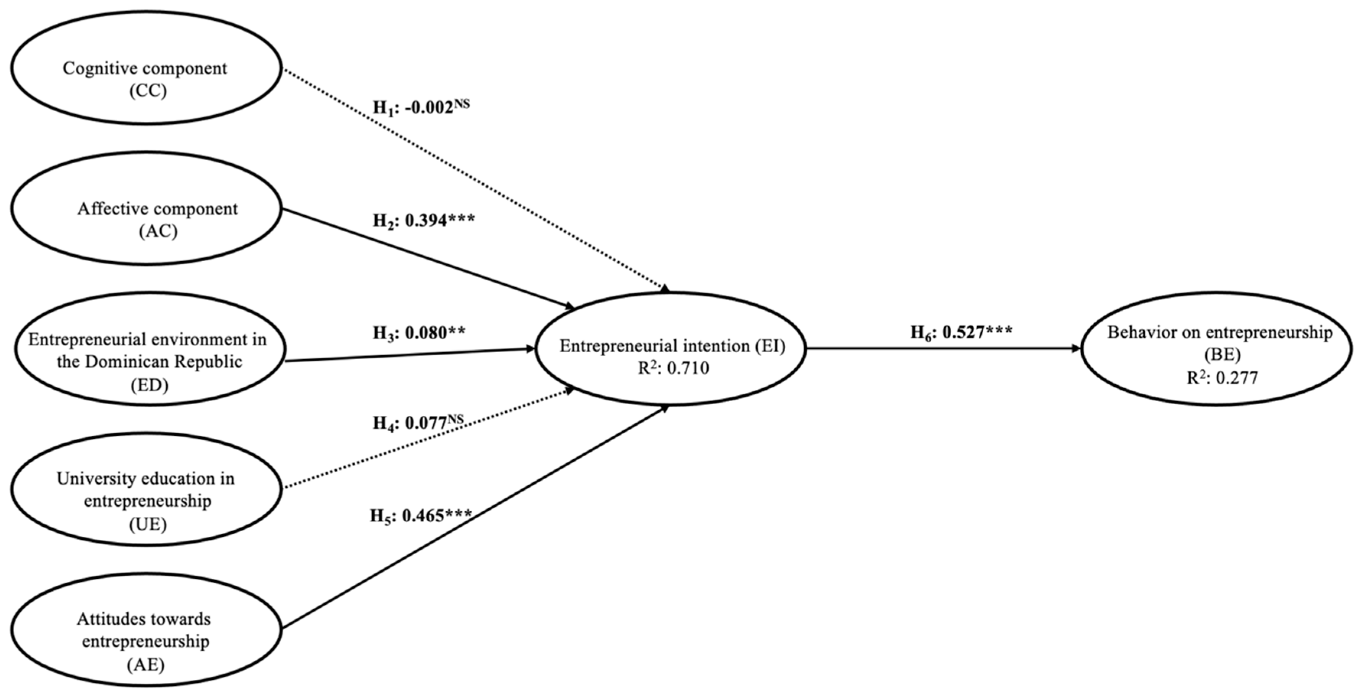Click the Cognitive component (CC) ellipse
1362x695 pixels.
tap(146, 68)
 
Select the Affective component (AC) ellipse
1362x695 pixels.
tap(146, 208)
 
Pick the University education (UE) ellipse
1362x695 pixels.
tap(146, 489)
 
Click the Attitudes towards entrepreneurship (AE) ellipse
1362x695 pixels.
tap(146, 630)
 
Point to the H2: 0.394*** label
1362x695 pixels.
tap(423, 220)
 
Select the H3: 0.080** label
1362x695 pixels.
tap(419, 333)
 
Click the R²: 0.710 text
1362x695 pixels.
tap(673, 368)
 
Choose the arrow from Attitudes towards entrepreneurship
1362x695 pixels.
tap(476, 518)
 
